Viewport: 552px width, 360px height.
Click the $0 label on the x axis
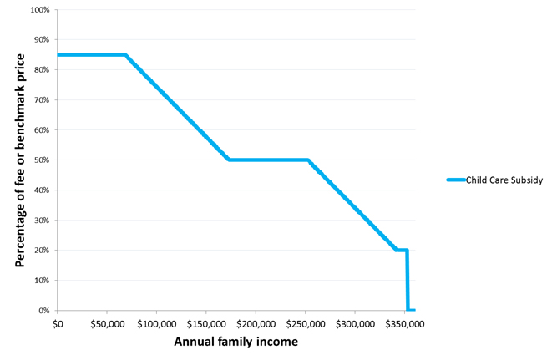tap(58, 322)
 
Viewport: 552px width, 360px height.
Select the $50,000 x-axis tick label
tap(106, 322)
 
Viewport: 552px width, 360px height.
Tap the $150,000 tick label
tap(205, 322)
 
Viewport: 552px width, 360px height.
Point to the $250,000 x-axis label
tap(305, 322)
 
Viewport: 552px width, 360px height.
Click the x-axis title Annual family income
tap(235, 342)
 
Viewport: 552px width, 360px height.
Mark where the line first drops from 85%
tap(125, 55)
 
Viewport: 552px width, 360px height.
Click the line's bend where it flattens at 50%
tap(229, 160)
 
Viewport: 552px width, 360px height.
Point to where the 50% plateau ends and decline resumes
tap(308, 160)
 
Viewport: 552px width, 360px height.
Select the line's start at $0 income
tap(58, 55)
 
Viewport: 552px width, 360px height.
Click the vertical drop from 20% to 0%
tap(408, 281)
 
